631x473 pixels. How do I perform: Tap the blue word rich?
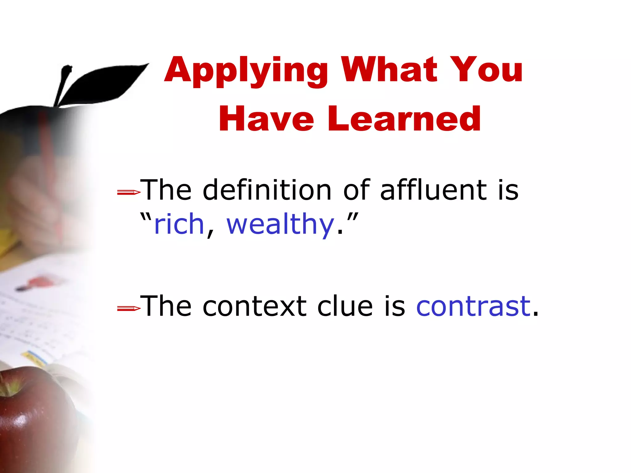click(179, 224)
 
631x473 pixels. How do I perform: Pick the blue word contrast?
click(473, 306)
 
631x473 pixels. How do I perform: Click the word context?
click(254, 307)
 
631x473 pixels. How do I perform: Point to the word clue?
click(345, 306)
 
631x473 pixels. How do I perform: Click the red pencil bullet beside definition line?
click(128, 193)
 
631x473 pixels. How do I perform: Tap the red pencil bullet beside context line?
click(128, 308)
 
